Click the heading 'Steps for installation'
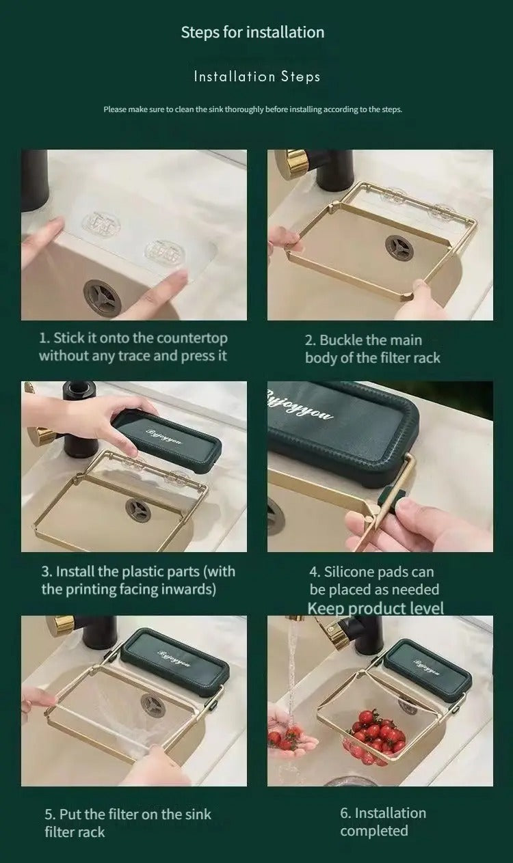click(x=252, y=32)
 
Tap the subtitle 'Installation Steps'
click(x=257, y=77)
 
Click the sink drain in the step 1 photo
click(x=103, y=296)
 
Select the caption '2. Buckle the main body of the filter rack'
click(x=373, y=349)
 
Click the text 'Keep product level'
click(x=376, y=608)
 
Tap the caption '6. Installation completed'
click(x=383, y=822)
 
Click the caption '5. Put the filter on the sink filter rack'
click(x=128, y=823)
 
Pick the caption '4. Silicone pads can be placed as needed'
click(x=373, y=581)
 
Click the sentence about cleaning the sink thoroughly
click(x=252, y=109)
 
